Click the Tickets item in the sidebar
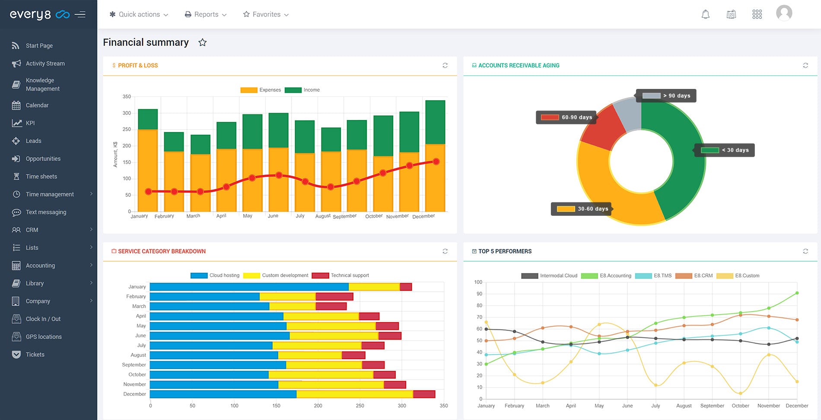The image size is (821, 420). pyautogui.click(x=35, y=354)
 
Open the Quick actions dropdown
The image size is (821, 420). pyautogui.click(x=139, y=14)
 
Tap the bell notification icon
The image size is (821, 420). pyautogui.click(x=705, y=14)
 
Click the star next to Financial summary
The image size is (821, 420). pyautogui.click(x=202, y=42)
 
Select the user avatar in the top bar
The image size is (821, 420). pyautogui.click(x=784, y=13)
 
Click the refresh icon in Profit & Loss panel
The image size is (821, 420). pyautogui.click(x=445, y=66)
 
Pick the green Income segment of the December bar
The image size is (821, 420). pyautogui.click(x=435, y=122)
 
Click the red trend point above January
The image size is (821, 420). pyautogui.click(x=148, y=191)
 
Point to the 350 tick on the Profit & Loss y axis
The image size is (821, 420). pyautogui.click(x=127, y=97)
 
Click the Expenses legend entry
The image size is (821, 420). pyautogui.click(x=261, y=90)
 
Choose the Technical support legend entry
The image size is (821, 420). pyautogui.click(x=340, y=275)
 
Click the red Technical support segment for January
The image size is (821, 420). pyautogui.click(x=406, y=287)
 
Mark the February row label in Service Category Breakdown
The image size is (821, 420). pyautogui.click(x=136, y=297)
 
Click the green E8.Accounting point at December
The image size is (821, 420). pyautogui.click(x=797, y=293)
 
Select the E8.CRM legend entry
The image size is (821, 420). pyautogui.click(x=694, y=275)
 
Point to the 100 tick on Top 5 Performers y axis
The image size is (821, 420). pyautogui.click(x=478, y=282)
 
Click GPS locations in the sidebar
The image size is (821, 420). pyautogui.click(x=43, y=337)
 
